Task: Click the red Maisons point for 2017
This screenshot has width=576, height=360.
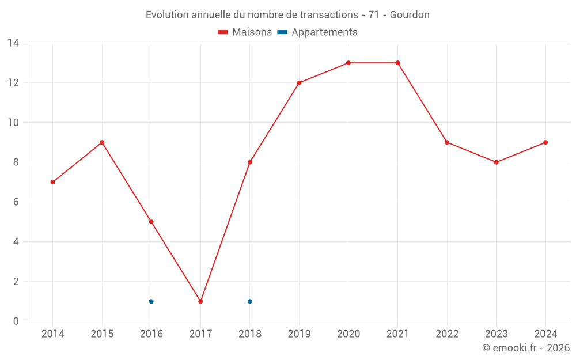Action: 200,301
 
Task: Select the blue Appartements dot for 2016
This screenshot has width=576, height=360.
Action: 151,301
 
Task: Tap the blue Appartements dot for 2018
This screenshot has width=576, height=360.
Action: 250,301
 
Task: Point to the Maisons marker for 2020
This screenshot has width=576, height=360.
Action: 348,63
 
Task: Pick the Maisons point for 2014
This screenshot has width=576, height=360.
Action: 53,182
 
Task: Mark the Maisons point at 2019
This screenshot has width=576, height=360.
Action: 299,83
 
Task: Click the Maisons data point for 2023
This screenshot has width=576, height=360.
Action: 496,162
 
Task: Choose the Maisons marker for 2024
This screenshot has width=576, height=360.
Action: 545,142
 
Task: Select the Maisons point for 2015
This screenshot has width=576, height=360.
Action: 102,142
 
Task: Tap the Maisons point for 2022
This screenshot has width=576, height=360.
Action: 447,142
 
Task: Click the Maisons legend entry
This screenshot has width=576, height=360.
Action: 245,32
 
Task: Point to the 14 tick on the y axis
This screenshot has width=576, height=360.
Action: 13,43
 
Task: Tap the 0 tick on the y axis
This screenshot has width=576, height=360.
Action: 16,321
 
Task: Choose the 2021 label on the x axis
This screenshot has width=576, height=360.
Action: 397,334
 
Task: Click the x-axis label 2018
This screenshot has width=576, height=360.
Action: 250,334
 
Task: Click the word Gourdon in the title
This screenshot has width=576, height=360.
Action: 410,15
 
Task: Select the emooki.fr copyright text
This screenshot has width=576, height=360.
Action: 526,348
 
